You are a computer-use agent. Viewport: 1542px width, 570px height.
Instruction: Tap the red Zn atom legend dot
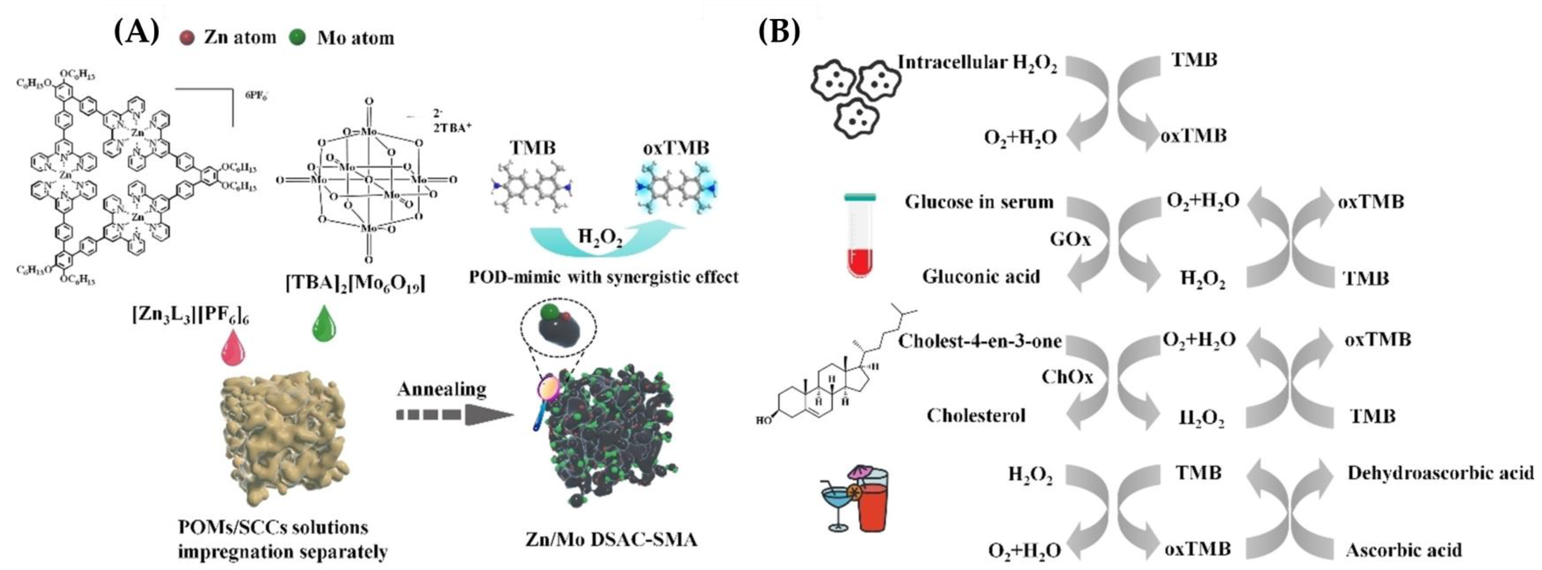[187, 38]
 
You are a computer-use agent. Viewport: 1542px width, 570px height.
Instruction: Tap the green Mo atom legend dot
[297, 38]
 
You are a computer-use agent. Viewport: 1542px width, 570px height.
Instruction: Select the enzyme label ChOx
[1067, 377]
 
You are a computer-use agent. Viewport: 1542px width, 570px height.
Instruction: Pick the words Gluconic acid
[981, 277]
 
